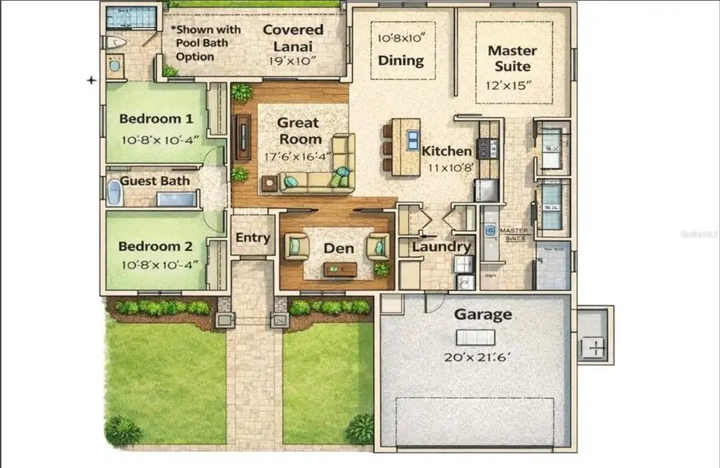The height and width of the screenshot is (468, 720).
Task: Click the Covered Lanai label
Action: coord(293,38)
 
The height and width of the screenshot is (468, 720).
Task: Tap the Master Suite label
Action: coord(512,58)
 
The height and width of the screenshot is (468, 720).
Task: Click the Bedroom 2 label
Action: coord(156,247)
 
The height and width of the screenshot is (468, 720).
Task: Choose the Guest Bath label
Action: coord(155,181)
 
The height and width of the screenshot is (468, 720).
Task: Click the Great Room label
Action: coord(298,131)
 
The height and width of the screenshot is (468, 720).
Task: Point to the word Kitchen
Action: coord(446,151)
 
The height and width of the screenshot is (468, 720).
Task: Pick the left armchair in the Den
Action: coord(297,245)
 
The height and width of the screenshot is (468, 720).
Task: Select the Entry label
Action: coord(252,239)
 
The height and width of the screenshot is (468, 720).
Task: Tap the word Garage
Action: coord(482,315)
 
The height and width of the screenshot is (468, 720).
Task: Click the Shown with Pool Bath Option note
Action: coord(206,43)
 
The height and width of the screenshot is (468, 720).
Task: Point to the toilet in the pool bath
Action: coord(117,42)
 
